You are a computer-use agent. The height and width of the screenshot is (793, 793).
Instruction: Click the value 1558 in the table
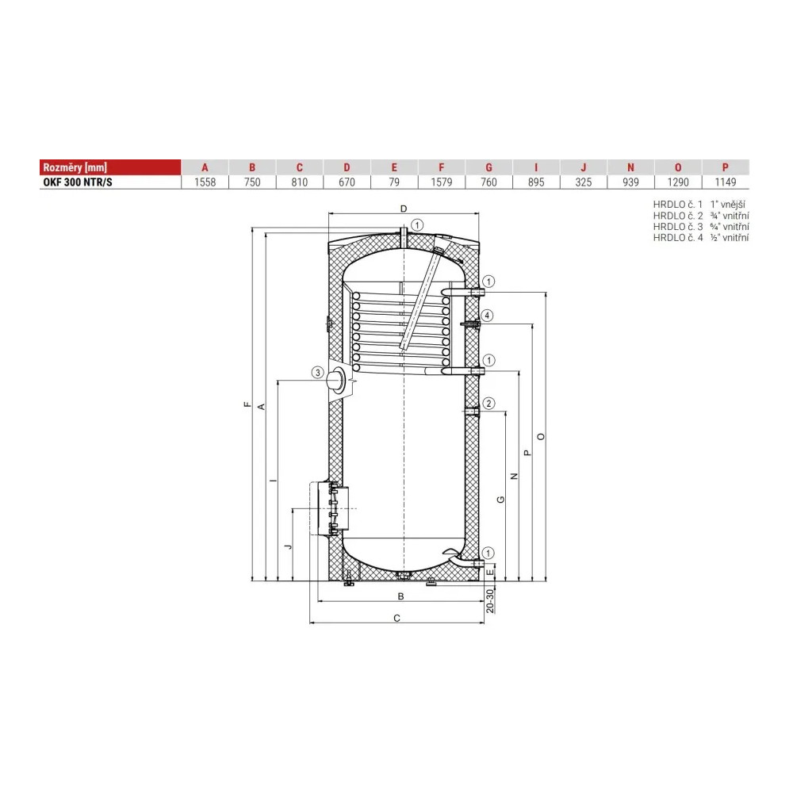[205, 182]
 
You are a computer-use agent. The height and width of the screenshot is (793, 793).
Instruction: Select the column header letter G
[488, 167]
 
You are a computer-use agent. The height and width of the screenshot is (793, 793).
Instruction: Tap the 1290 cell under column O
[678, 182]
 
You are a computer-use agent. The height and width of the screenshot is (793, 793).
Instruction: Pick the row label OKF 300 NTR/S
[78, 182]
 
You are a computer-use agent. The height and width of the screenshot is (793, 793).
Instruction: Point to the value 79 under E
[394, 182]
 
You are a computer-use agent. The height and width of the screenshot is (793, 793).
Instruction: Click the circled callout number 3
[318, 373]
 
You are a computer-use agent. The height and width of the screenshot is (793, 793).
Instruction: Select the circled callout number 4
[487, 316]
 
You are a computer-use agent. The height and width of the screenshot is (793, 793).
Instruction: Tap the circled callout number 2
[488, 403]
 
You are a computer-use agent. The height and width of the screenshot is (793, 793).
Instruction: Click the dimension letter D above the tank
[404, 209]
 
